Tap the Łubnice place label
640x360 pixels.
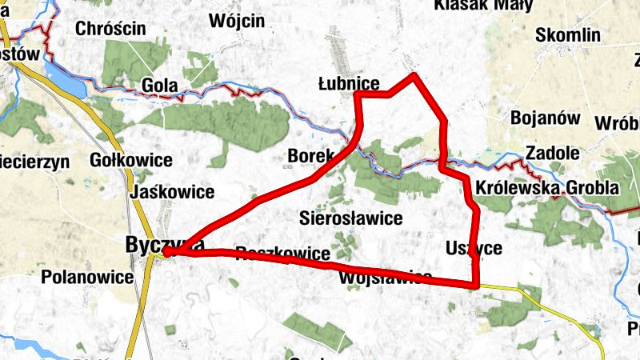pos(348,83)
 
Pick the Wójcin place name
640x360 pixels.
pos(236,22)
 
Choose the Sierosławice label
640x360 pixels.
pos(349,218)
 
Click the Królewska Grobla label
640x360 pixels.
pos(546,188)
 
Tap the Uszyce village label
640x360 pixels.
pos(474,249)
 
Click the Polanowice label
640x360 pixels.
pos(86,278)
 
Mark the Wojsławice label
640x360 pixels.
pos(386,278)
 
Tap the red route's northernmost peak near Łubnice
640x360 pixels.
pos(414,76)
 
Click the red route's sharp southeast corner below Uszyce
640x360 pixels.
pos(476,284)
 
